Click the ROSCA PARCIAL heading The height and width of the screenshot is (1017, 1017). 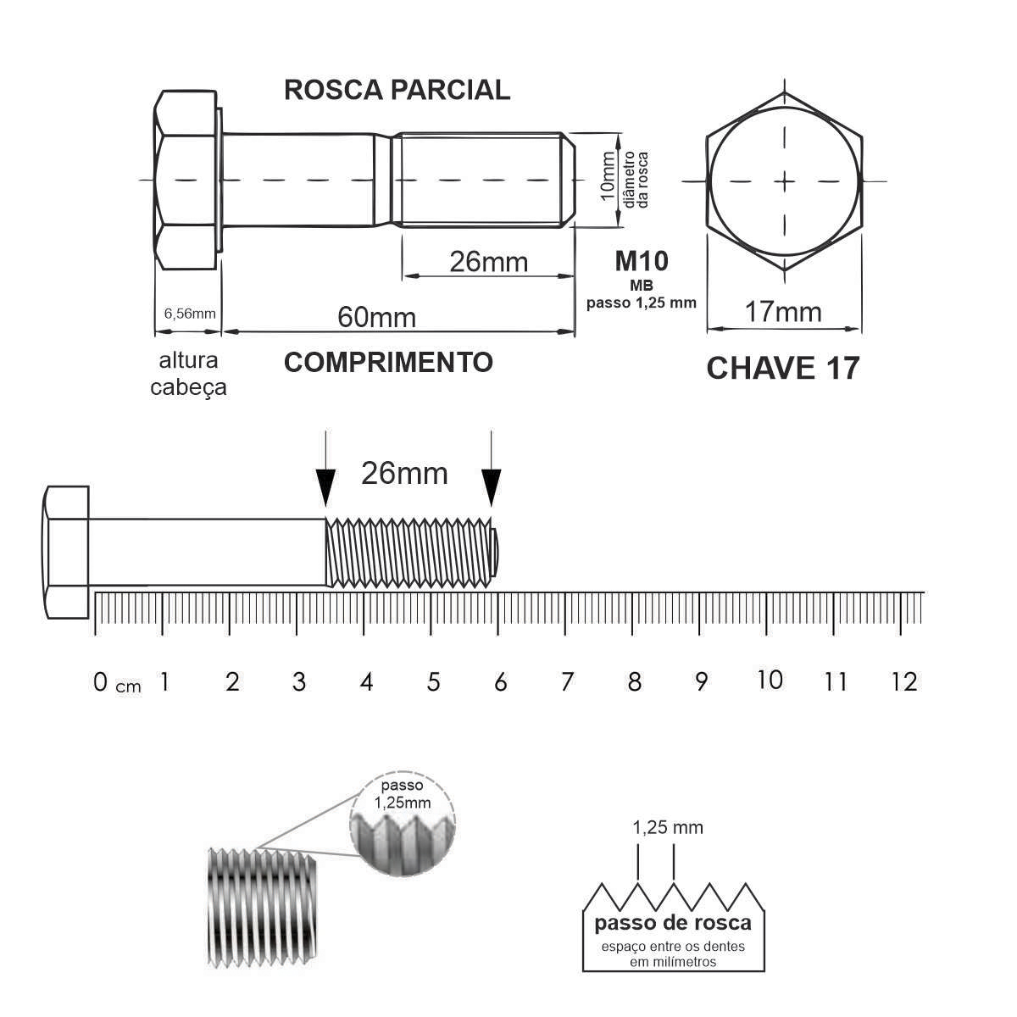[397, 90]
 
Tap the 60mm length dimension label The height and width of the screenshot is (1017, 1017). [377, 317]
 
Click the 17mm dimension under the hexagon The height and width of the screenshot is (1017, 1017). [783, 312]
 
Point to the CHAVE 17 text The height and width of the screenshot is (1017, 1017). [782, 369]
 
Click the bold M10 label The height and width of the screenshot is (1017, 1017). [642, 261]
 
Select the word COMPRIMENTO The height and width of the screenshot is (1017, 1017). [388, 362]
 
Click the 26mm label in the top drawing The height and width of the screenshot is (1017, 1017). [488, 262]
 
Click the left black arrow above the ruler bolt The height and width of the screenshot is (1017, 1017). [325, 484]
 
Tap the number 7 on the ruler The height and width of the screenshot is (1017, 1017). [567, 681]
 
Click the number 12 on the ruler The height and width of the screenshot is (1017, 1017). [904, 681]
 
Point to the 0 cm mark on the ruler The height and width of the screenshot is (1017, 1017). [101, 681]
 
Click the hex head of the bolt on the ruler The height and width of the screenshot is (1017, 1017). [67, 553]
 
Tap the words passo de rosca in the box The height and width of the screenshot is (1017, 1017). [673, 923]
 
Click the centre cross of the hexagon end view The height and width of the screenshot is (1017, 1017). [786, 181]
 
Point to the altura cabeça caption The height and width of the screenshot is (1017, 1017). [188, 373]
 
